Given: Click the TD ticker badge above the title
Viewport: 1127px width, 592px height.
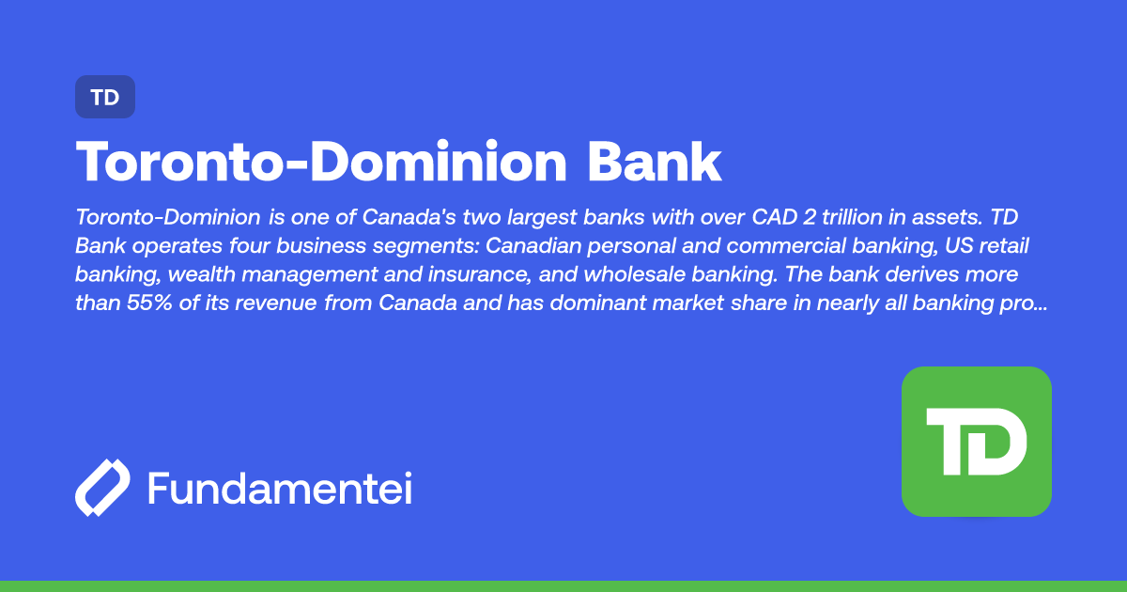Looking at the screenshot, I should pyautogui.click(x=105, y=97).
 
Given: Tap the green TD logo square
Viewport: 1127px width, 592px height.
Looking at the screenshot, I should pyautogui.click(x=976, y=441).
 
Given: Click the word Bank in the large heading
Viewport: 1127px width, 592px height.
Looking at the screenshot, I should pyautogui.click(x=655, y=163).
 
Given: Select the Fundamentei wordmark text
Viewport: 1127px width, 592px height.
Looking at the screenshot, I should pyautogui.click(x=280, y=489).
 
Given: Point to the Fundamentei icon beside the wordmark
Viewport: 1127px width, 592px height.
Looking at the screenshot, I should pyautogui.click(x=102, y=488).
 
